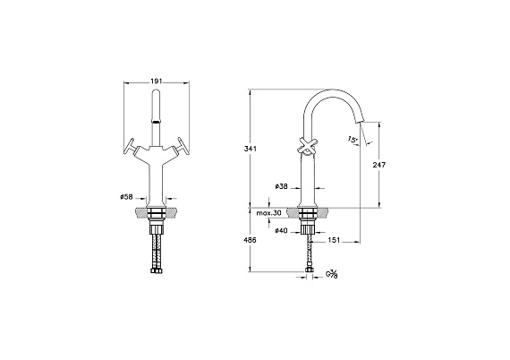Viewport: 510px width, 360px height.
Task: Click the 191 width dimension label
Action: click(x=157, y=81)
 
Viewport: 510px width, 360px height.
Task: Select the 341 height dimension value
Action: click(x=251, y=149)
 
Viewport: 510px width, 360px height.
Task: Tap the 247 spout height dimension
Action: click(x=379, y=165)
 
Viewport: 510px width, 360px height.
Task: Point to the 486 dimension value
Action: click(x=251, y=240)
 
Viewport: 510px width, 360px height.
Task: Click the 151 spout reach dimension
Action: click(x=334, y=240)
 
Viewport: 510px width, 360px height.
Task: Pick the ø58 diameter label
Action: click(x=126, y=197)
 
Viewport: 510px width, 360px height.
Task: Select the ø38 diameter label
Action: click(x=281, y=187)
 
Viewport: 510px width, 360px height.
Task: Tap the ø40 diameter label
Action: click(x=281, y=231)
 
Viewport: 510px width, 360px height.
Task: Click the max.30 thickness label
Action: click(x=268, y=213)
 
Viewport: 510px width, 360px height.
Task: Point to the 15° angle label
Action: click(x=353, y=140)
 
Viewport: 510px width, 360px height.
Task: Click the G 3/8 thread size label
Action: click(x=332, y=274)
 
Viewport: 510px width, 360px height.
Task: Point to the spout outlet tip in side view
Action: click(x=360, y=122)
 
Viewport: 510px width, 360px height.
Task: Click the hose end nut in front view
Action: click(x=157, y=270)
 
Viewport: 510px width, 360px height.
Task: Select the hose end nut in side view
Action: click(x=308, y=270)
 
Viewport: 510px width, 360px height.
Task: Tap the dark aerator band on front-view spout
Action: click(x=157, y=122)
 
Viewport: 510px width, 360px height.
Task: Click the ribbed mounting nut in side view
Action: click(x=308, y=228)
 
